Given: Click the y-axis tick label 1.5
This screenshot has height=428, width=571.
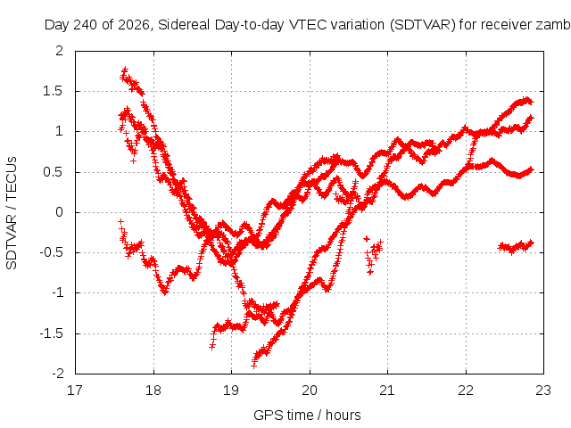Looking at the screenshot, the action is coord(53,91).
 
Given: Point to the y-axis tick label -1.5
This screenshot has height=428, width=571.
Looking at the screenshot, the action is coord(51,333).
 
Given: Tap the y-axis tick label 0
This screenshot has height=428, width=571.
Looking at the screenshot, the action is coord(59,212).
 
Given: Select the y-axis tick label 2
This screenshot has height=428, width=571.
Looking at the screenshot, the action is coord(59,51).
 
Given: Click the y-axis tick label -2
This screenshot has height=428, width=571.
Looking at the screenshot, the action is coord(57,374).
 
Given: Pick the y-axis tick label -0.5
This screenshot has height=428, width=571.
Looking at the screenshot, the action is coord(51,252).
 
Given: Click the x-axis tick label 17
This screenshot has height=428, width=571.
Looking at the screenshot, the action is coord(75,391).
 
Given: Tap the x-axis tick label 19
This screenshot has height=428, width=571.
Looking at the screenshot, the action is coord(231,391).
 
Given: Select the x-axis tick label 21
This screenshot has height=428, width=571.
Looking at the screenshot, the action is coord(387,391).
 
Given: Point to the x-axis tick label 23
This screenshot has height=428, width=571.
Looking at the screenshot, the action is coord(543,391).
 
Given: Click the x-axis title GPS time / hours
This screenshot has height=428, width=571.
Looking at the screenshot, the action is coord(307,415).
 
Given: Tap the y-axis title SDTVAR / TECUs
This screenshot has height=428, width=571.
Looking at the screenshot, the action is coord(12,213).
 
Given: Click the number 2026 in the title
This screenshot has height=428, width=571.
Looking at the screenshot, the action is coord(135,25).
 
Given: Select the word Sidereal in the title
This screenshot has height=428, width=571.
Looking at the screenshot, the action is coord(184,25).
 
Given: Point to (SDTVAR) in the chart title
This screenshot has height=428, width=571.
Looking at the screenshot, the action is coord(423,25).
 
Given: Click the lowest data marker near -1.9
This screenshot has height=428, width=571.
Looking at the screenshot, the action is coord(253,366).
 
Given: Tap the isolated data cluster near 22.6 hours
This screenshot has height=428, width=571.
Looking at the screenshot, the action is coord(516,247).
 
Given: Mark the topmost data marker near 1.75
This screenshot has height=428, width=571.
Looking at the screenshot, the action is coord(125,69).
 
